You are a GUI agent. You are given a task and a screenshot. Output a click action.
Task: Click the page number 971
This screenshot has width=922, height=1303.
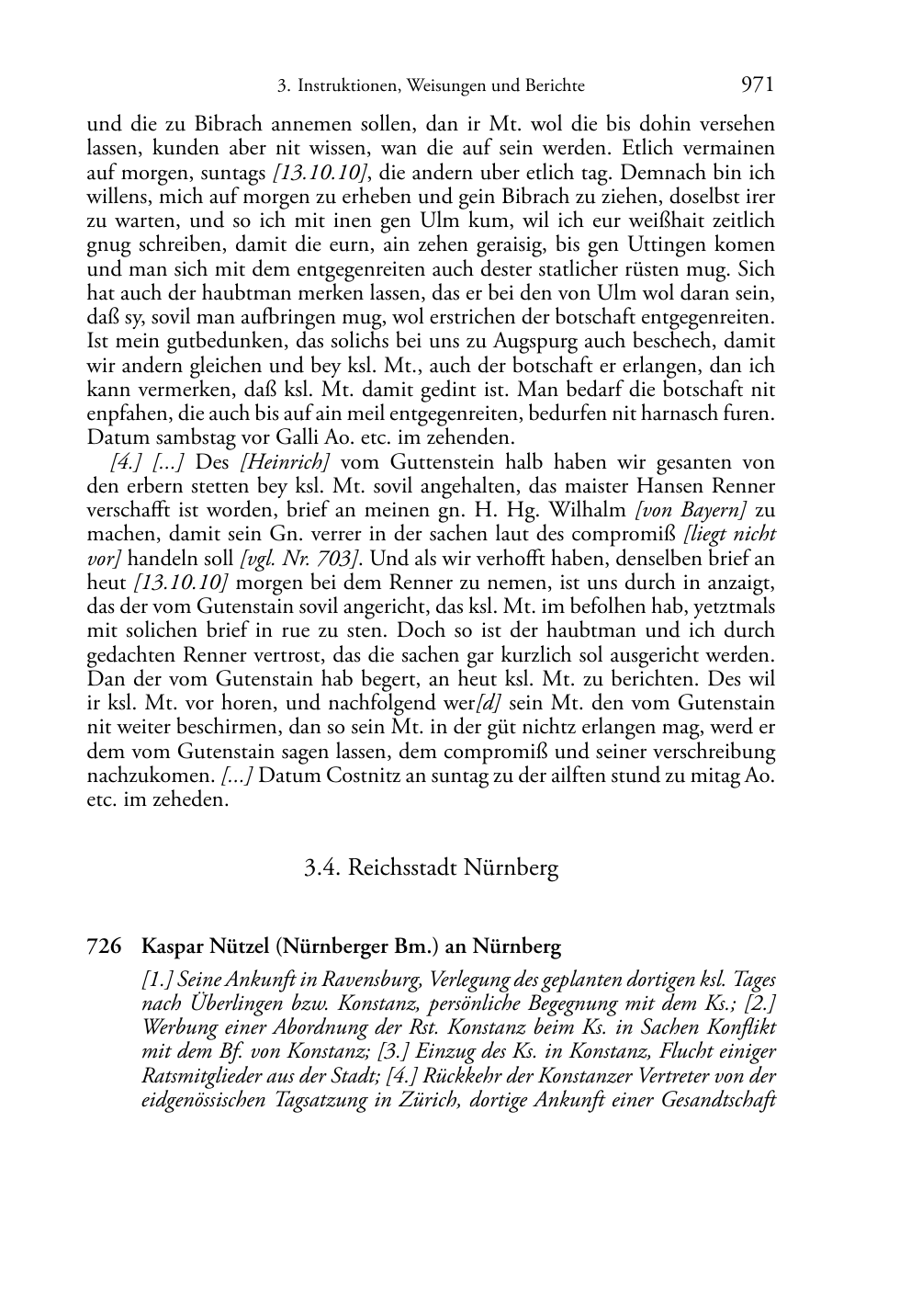(757, 85)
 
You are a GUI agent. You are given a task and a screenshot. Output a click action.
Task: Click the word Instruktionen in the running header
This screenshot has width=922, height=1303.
(343, 87)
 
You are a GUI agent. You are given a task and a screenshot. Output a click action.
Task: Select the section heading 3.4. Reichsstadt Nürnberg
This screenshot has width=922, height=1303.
(432, 867)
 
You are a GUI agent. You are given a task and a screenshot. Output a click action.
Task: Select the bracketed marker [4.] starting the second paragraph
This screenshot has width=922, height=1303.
(124, 462)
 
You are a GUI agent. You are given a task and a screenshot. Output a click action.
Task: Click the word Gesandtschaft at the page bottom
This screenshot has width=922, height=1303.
(718, 1100)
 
